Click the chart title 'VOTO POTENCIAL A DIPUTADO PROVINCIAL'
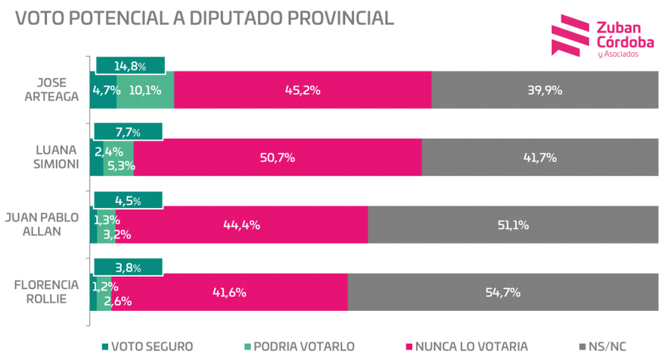click(x=204, y=18)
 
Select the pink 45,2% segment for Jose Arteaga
click(x=303, y=90)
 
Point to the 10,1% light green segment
click(x=144, y=90)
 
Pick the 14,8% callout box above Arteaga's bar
click(x=129, y=66)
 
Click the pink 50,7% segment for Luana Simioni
click(x=278, y=157)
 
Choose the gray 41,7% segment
click(x=539, y=157)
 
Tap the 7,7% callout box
click(x=128, y=132)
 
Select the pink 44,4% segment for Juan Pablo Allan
click(x=241, y=225)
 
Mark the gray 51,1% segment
click(x=512, y=225)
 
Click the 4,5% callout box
click(x=128, y=200)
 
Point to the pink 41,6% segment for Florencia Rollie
click(x=229, y=292)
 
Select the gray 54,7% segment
click(x=502, y=292)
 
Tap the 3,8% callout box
click(x=128, y=266)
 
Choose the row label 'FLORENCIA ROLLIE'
click(x=46, y=292)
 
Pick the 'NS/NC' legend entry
click(x=605, y=346)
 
